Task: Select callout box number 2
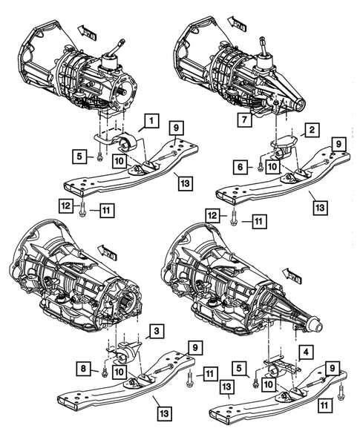[x=312, y=131]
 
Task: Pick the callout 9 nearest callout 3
[x=194, y=346]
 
